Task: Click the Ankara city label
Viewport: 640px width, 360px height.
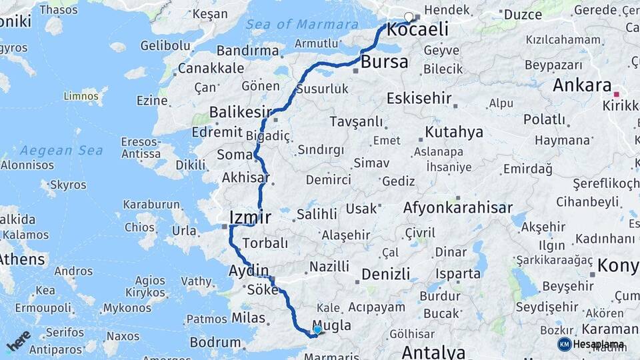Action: [x=582, y=86]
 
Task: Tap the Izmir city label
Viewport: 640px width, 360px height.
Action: [x=249, y=217]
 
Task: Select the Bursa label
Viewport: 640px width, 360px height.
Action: [x=384, y=63]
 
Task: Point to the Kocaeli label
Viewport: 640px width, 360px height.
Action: [x=417, y=30]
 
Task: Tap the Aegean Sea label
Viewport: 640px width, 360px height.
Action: [x=61, y=151]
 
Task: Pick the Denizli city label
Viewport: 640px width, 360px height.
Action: [x=385, y=274]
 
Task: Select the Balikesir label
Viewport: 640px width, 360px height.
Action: [x=241, y=111]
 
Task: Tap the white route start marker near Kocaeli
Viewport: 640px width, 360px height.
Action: [x=409, y=17]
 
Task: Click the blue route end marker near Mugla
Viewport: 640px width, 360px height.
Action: [x=317, y=329]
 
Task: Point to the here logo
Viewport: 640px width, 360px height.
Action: [x=18, y=340]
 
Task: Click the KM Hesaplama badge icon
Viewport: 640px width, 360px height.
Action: [x=564, y=344]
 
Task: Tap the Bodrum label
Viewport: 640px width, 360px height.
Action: [x=215, y=343]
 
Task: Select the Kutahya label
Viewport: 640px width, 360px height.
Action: [x=453, y=132]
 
